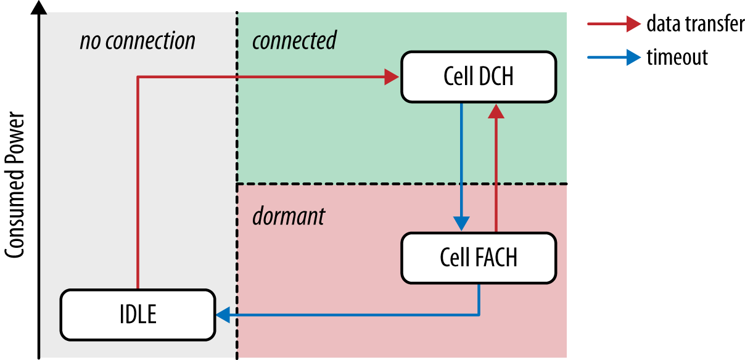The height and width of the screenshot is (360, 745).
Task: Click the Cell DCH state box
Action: tap(478, 77)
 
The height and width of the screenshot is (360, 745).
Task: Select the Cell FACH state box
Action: tap(478, 256)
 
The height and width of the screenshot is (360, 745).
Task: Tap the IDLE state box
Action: tap(138, 315)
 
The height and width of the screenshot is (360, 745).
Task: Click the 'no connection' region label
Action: tap(137, 41)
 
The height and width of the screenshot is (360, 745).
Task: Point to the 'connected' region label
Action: tap(294, 41)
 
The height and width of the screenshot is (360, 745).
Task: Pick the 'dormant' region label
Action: tap(288, 216)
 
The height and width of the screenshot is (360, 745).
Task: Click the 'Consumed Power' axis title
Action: tap(17, 185)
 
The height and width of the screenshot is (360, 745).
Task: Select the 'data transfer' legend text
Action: tap(695, 25)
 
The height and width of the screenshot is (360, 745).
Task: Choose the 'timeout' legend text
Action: tap(677, 57)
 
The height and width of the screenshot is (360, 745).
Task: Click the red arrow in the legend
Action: tap(614, 25)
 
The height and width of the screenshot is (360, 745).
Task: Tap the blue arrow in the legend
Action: tap(614, 57)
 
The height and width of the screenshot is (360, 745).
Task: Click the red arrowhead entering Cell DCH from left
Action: tap(392, 77)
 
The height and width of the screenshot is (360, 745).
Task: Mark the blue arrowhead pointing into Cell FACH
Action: tap(461, 223)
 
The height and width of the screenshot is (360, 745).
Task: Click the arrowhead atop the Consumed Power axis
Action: tap(40, 7)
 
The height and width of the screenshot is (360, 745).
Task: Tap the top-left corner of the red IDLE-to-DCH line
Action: tap(138, 77)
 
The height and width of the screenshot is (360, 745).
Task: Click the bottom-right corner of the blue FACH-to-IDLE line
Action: tap(479, 315)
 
